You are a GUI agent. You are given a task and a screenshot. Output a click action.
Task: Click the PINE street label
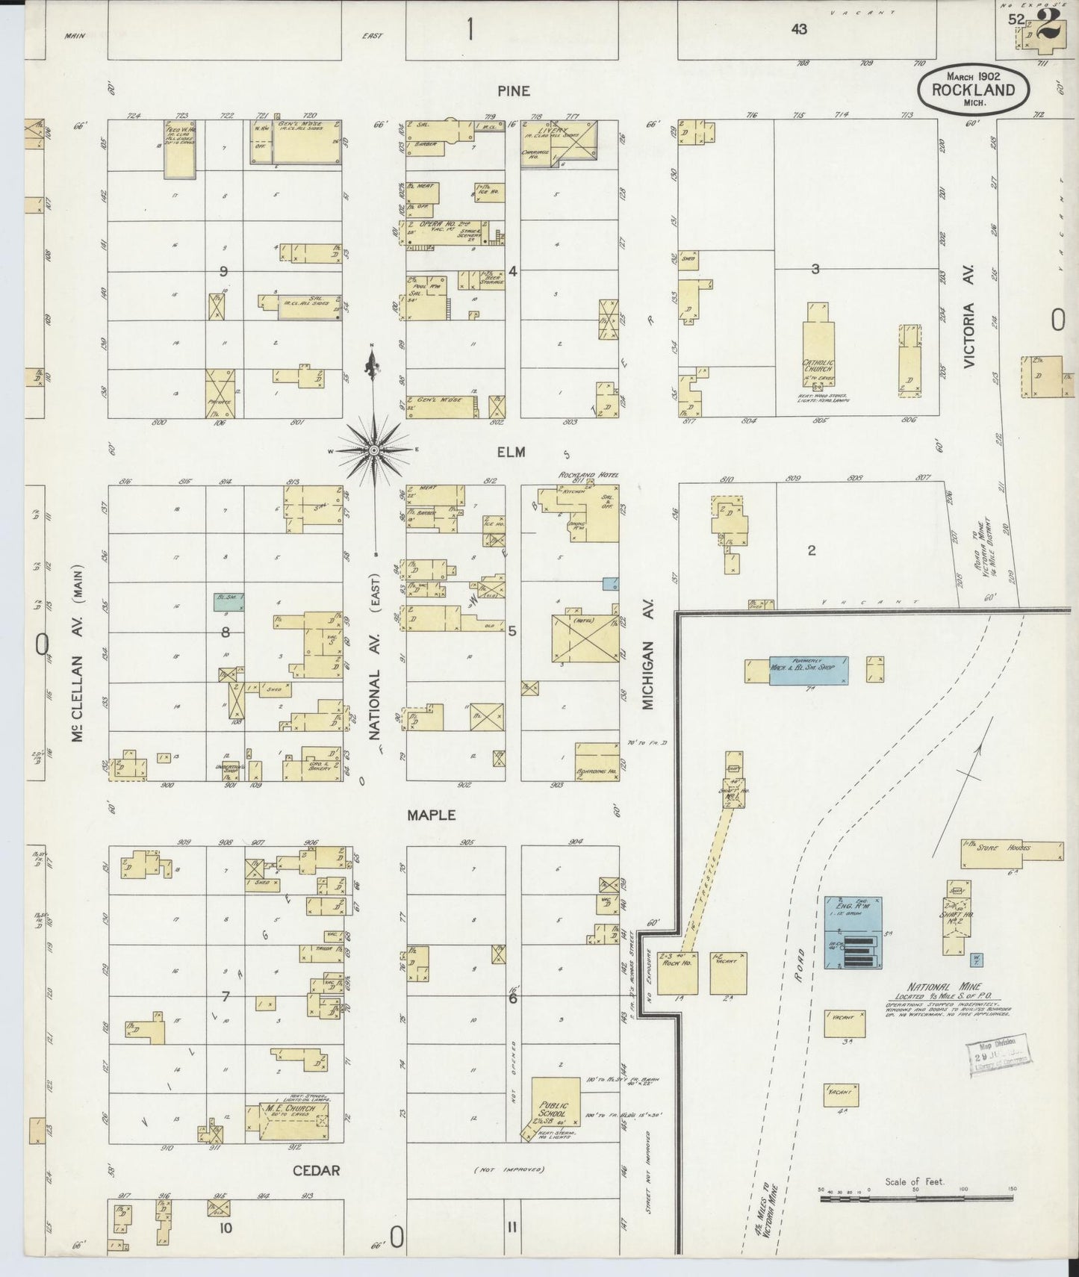click(514, 91)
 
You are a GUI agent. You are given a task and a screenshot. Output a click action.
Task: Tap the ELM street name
click(513, 452)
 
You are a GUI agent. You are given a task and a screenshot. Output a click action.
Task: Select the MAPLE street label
click(431, 815)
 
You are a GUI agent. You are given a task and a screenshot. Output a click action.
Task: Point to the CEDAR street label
click(317, 1170)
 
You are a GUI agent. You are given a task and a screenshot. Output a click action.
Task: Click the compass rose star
click(373, 450)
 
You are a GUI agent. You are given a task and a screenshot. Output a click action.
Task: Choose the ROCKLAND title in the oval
click(973, 90)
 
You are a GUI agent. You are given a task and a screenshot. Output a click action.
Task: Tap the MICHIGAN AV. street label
click(647, 674)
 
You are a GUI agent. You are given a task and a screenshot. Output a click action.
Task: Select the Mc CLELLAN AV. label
click(77, 653)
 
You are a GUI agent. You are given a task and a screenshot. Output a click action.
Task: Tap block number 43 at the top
click(799, 29)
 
